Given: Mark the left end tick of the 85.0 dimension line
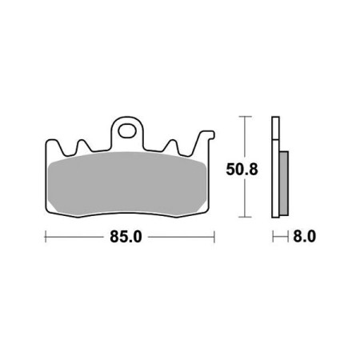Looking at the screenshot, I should pyautogui.click(x=45, y=237).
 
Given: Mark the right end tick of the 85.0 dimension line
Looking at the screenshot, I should pyautogui.click(x=214, y=237).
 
